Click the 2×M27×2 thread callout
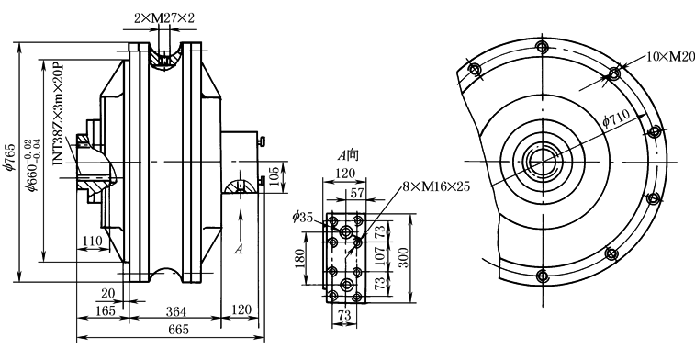coord(164,17)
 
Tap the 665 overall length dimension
coord(179,330)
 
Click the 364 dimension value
coord(176,311)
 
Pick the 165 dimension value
coord(106,310)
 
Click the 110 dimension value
coord(92,241)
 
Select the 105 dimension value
coord(275,176)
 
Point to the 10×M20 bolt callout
coord(670,56)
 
